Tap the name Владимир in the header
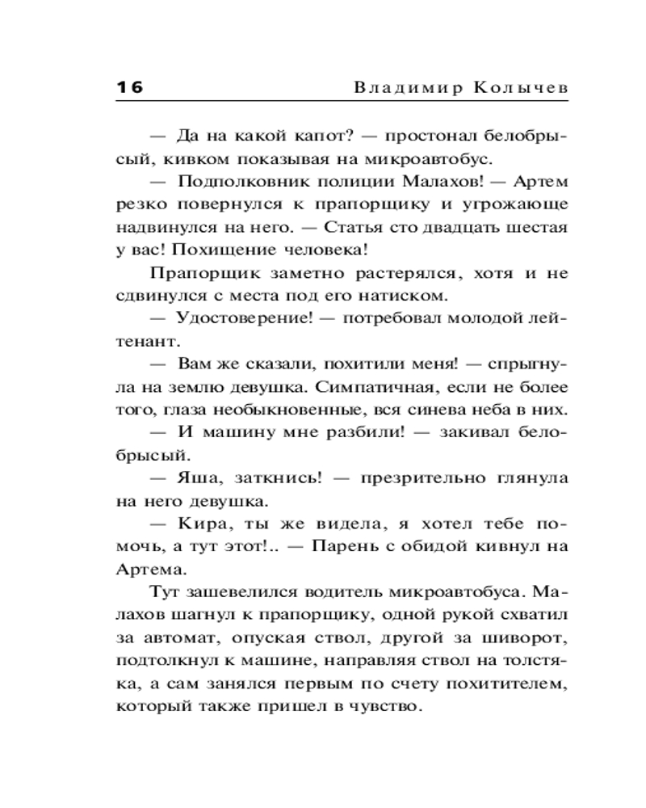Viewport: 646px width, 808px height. [x=401, y=87]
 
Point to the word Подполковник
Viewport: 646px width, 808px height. [x=228, y=182]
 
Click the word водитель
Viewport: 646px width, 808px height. [x=342, y=592]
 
